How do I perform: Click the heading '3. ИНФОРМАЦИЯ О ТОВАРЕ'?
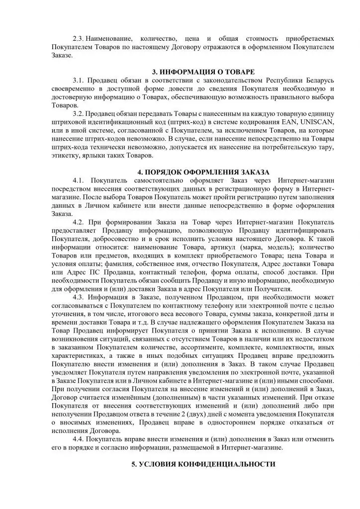pyautogui.click(x=204, y=72)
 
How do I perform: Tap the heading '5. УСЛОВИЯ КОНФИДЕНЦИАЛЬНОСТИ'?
pyautogui.click(x=203, y=464)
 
